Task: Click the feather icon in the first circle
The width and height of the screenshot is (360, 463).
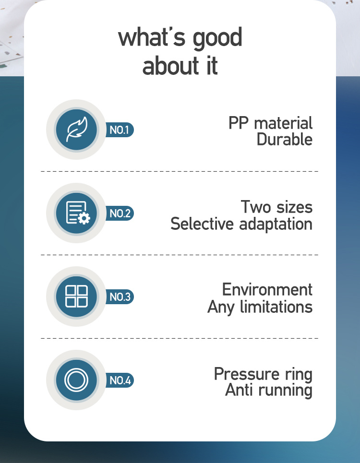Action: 77,130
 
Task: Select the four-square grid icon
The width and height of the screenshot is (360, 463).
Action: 76,296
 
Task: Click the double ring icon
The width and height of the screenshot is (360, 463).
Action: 76,380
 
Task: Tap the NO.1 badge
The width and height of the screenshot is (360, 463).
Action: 120,130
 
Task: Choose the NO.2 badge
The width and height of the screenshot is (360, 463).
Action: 120,213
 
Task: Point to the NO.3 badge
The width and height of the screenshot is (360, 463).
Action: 120,297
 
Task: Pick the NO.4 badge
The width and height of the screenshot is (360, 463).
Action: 120,380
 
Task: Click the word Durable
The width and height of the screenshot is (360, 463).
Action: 284,139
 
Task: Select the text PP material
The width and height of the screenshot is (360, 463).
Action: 270,123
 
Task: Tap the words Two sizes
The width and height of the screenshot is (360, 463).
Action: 276,207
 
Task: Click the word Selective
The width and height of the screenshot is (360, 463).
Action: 202,224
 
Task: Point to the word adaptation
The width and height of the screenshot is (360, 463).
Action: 276,225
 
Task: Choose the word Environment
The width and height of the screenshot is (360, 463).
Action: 267,290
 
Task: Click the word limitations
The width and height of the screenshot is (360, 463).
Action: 276,307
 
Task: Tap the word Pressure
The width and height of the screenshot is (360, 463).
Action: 246,374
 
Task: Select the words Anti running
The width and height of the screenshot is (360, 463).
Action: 269,391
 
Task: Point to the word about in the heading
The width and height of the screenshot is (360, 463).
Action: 170,65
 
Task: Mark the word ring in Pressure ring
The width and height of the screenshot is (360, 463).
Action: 299,375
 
